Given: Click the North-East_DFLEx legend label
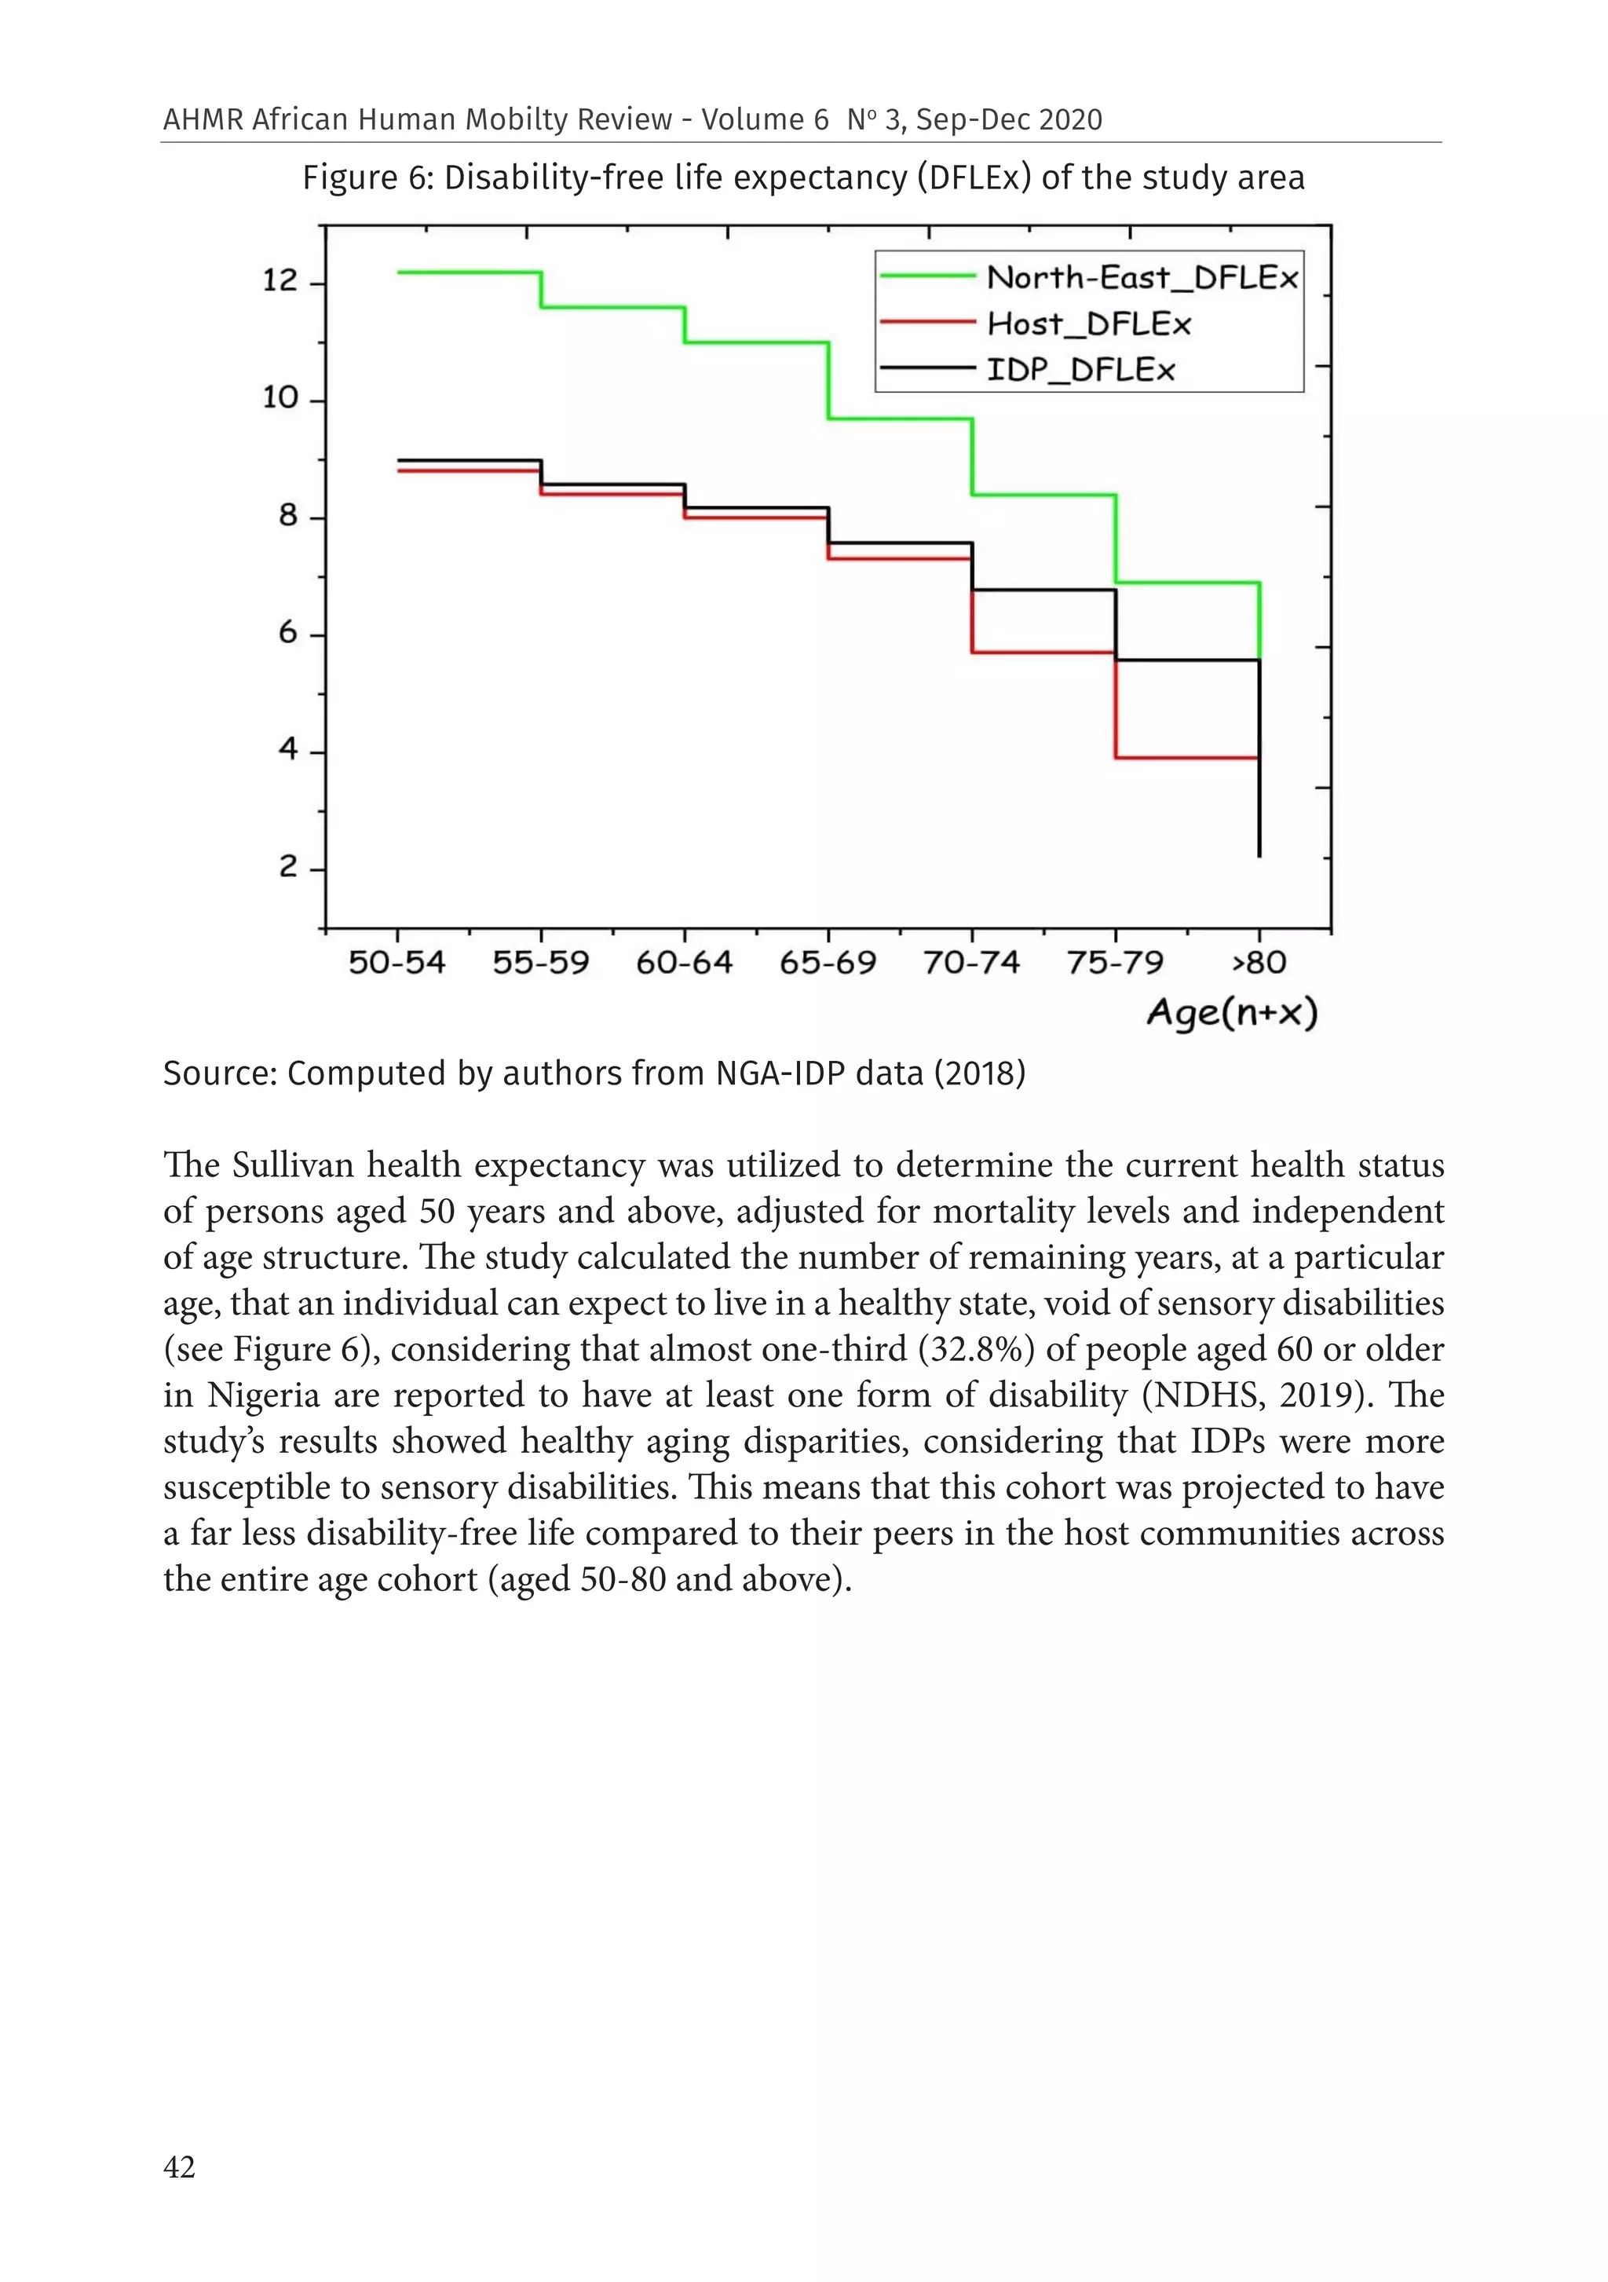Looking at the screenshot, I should (1141, 277).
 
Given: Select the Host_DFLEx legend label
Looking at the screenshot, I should (1087, 324).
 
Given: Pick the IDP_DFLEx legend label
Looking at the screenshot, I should (1080, 370).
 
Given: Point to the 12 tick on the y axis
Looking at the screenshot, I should (280, 280).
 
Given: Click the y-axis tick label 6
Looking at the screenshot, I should (287, 632).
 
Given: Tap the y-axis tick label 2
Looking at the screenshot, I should (287, 867).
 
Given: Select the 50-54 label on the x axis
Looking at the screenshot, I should (397, 962).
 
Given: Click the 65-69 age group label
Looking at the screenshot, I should (827, 962).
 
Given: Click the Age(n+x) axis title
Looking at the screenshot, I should (1231, 1013).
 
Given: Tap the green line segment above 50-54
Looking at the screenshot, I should (468, 272).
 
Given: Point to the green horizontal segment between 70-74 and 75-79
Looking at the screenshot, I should (1043, 494).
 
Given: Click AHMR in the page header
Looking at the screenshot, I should (203, 119).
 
